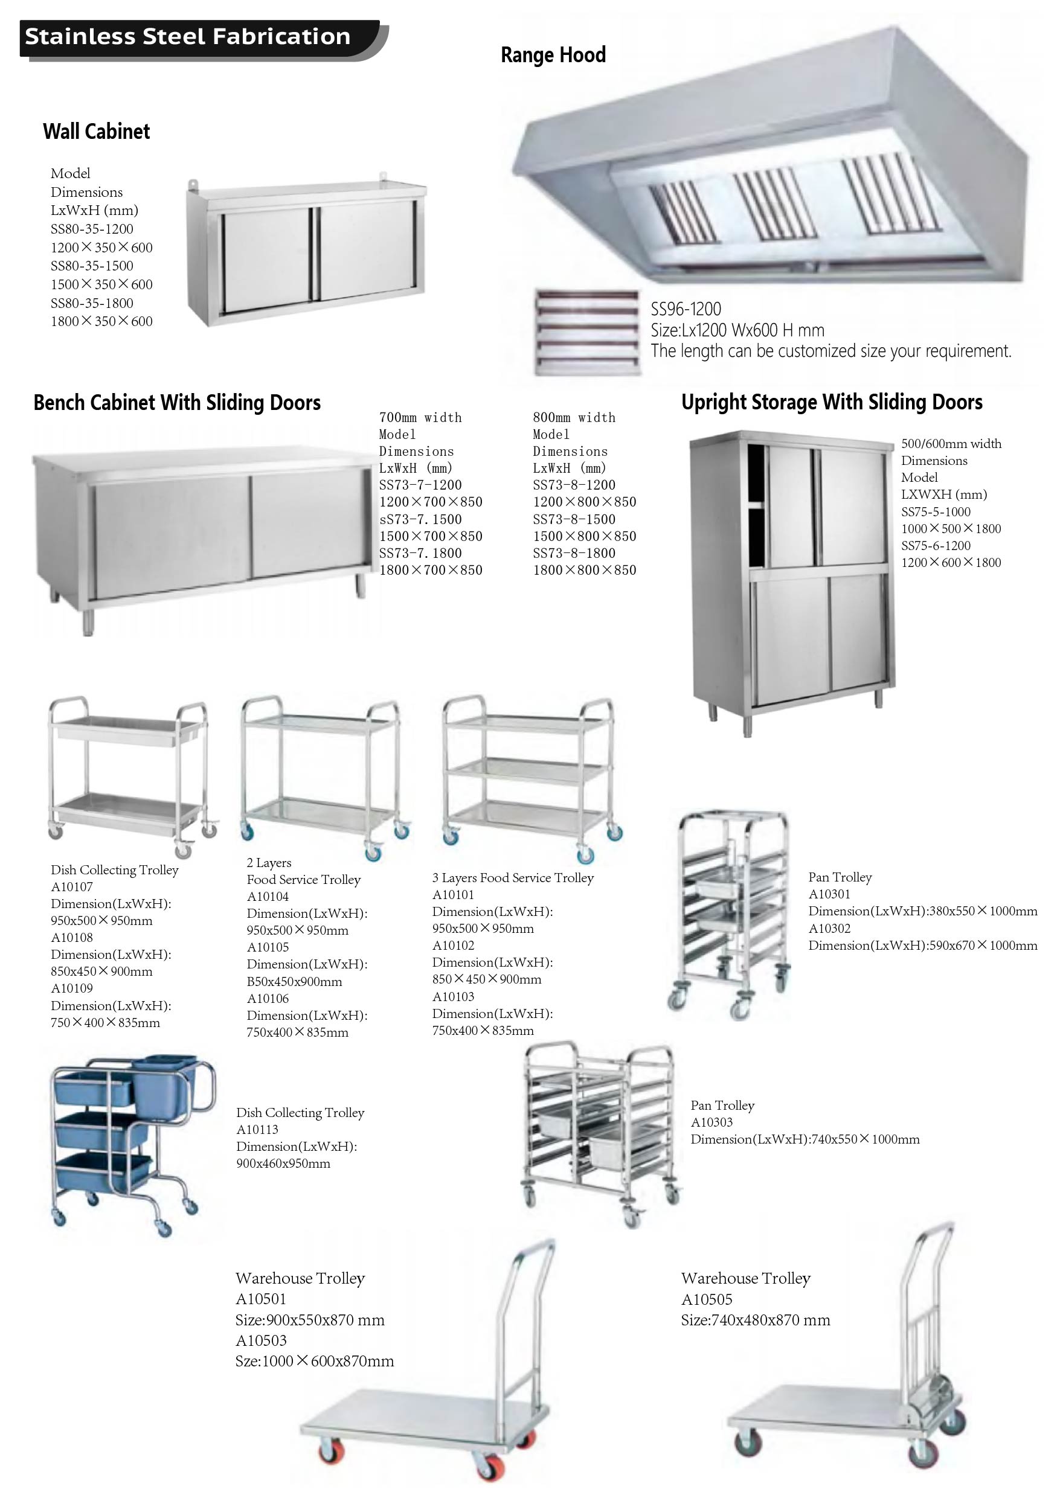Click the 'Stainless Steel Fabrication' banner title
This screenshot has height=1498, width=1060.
pyautogui.click(x=187, y=37)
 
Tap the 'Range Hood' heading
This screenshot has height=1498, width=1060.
pyautogui.click(x=553, y=55)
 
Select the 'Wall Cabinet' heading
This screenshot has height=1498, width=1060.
pyautogui.click(x=97, y=131)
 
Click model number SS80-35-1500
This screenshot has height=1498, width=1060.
pyautogui.click(x=92, y=266)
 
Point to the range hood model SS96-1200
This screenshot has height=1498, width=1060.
pyautogui.click(x=686, y=309)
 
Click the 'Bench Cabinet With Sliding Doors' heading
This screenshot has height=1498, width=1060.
pyautogui.click(x=177, y=403)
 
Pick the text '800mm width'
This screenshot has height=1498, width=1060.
pyautogui.click(x=574, y=418)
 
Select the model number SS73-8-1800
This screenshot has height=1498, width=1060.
pyautogui.click(x=574, y=553)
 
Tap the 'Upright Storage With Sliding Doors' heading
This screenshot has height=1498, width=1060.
pyautogui.click(x=832, y=402)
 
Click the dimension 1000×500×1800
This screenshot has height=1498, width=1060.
pyautogui.click(x=951, y=528)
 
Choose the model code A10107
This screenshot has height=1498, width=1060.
pyautogui.click(x=72, y=887)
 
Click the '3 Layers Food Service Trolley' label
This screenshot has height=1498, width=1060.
pyautogui.click(x=513, y=878)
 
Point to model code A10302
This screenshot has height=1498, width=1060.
pyautogui.click(x=830, y=929)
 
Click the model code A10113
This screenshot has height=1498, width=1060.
pyautogui.click(x=257, y=1129)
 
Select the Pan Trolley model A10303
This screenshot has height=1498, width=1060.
pyautogui.click(x=711, y=1122)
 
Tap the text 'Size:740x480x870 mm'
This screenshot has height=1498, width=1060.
pyautogui.click(x=756, y=1320)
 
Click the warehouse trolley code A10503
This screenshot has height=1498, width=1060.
pyautogui.click(x=261, y=1340)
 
